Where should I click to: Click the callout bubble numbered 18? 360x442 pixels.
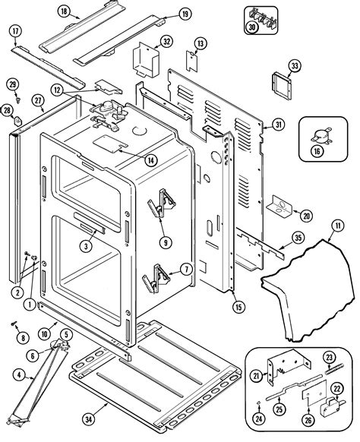[x=63, y=11]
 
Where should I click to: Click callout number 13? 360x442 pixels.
[x=201, y=43]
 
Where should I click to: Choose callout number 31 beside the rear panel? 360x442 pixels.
[x=278, y=125]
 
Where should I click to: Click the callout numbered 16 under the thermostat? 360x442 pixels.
[x=317, y=151]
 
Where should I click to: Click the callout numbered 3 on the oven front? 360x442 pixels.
[x=88, y=246]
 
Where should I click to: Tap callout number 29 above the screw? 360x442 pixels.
[x=12, y=83]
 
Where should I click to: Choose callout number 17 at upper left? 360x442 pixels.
[x=14, y=30]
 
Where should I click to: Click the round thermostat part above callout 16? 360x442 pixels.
[x=317, y=134]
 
